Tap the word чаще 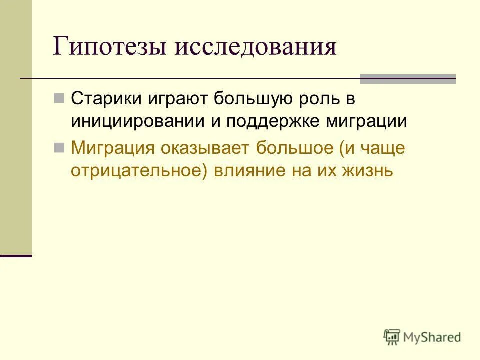383,148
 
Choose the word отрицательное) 139,171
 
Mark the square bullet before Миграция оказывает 59,148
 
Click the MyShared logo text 433,337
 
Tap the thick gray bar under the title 408,79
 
